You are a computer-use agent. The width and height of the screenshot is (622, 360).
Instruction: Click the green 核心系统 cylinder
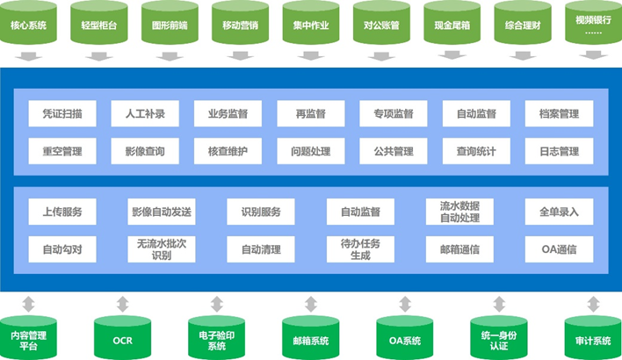coord(30,24)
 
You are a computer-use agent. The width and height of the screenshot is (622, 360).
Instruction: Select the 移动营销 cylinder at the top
coord(241,24)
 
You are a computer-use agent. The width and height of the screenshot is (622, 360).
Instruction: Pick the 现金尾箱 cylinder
coord(452,24)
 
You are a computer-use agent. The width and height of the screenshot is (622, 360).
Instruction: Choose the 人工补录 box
coord(145,113)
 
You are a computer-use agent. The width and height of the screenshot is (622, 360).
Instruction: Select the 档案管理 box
coord(559,113)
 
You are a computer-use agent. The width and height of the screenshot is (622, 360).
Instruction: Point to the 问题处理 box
coord(310,151)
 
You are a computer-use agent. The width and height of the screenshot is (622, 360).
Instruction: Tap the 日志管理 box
coord(559,151)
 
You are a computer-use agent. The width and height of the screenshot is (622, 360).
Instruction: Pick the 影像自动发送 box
coord(161,212)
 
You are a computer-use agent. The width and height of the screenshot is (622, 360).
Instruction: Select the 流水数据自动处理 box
coord(459,212)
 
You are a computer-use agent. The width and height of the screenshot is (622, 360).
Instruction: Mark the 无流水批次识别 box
coord(161,249)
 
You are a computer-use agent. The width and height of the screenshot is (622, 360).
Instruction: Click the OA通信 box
coord(559,249)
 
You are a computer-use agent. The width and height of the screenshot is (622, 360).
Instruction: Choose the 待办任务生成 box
coord(360,249)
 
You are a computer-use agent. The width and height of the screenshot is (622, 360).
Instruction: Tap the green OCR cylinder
coord(122,336)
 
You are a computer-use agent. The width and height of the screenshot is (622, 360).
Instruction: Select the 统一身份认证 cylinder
coord(498,336)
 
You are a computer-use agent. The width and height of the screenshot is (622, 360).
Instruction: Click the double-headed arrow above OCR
coord(122,305)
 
